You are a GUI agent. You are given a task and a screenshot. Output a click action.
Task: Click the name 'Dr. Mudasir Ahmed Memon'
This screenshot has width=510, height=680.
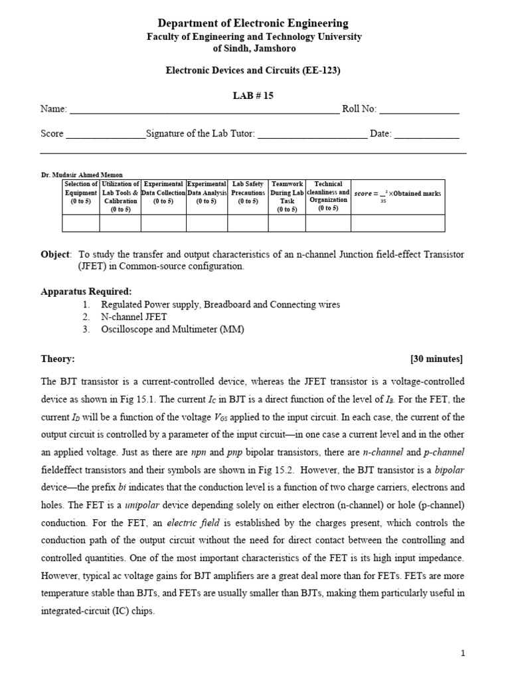pos(82,175)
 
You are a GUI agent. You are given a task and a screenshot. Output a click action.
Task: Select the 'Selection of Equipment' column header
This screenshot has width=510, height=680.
pos(80,193)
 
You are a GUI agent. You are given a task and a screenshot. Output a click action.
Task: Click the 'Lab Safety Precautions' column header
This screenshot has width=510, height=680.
pos(248,193)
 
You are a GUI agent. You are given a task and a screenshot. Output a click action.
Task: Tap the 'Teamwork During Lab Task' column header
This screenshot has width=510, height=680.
pos(288,197)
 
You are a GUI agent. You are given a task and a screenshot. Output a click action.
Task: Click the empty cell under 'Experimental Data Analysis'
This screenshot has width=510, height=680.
pos(207,223)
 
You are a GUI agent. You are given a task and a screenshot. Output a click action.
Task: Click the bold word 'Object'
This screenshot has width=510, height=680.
pos(55,254)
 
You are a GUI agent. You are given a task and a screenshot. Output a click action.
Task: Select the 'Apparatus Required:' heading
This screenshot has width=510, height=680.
pos(86,292)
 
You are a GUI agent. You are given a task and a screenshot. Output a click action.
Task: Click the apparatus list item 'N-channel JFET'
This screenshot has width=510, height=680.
pos(134,317)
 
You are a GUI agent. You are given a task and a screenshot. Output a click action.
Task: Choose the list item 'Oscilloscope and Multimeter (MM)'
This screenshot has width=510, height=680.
pos(167,329)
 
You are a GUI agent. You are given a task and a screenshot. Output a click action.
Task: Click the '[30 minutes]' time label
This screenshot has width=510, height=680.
pos(437,359)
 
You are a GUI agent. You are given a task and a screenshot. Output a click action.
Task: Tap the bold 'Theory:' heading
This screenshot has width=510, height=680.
pos(58,359)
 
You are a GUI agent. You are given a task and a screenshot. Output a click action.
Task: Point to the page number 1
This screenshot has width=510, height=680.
pos(463,653)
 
